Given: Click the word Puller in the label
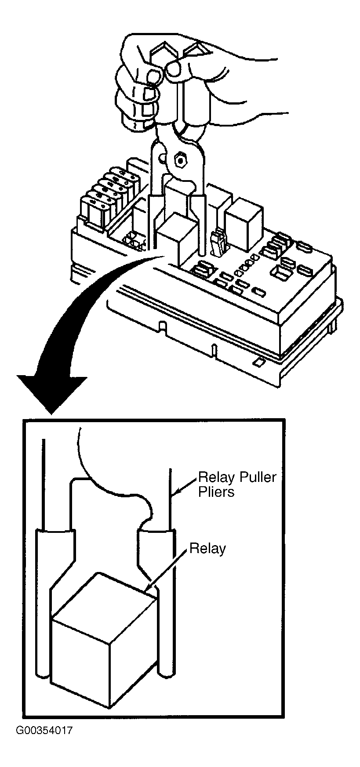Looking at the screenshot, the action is tap(256, 477).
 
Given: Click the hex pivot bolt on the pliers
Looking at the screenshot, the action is tap(179, 160).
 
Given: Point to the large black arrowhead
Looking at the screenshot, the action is tap(52, 394).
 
